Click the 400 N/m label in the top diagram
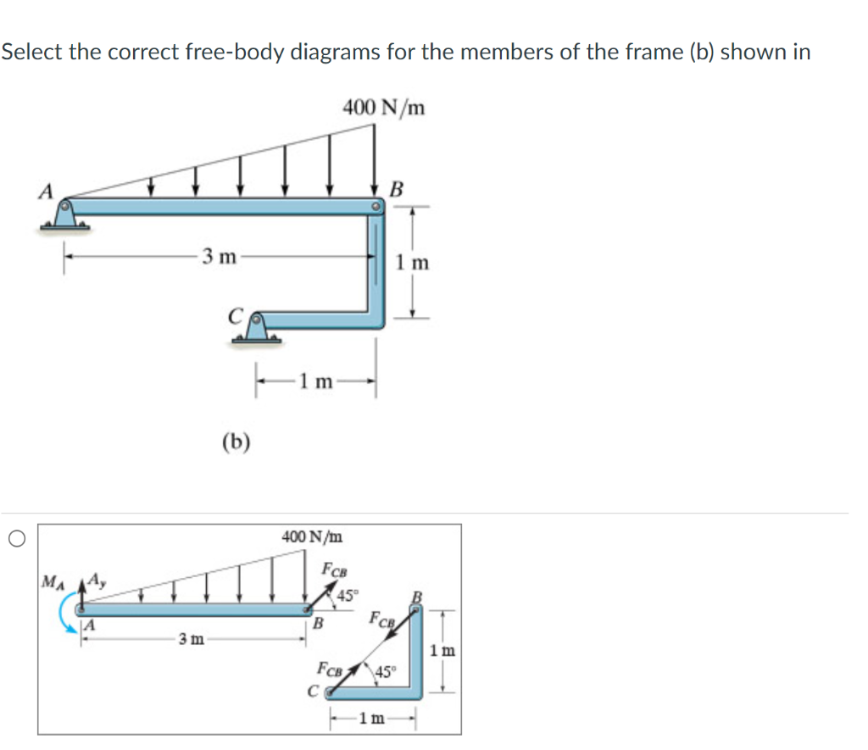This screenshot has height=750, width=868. [384, 108]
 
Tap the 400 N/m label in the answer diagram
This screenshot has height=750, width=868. [314, 536]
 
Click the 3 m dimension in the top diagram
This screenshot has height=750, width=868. [219, 256]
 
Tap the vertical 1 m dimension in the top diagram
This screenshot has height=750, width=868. [413, 263]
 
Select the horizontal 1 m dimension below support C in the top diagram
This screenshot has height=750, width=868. [315, 381]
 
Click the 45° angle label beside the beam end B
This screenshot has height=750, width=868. [348, 595]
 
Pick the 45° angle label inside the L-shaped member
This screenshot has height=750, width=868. [386, 673]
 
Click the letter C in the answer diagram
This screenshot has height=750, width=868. [312, 689]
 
